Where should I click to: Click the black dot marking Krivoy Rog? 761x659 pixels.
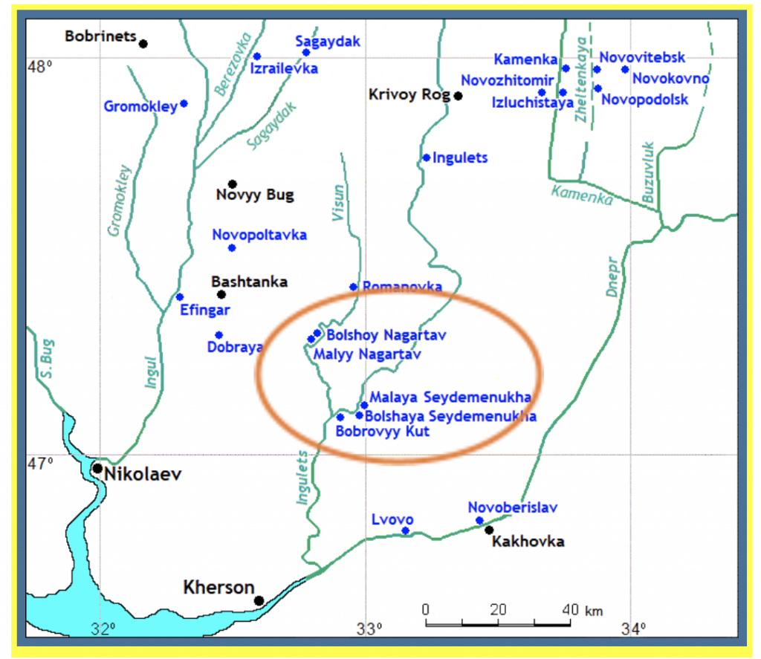(x=459, y=96)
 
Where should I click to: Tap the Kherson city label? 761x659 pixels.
(x=218, y=588)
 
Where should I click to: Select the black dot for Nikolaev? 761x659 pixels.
(x=97, y=469)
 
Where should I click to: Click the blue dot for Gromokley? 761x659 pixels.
(x=184, y=104)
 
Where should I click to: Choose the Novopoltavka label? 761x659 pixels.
(x=259, y=235)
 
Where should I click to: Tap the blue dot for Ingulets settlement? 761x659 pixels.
(x=427, y=158)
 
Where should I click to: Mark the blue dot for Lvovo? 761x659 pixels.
(x=405, y=530)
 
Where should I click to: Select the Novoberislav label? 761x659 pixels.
(x=513, y=507)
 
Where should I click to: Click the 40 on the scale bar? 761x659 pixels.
(x=570, y=609)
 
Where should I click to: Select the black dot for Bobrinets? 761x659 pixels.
(x=143, y=44)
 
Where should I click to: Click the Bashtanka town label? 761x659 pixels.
(x=249, y=282)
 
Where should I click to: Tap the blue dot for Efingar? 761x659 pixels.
(x=179, y=297)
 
